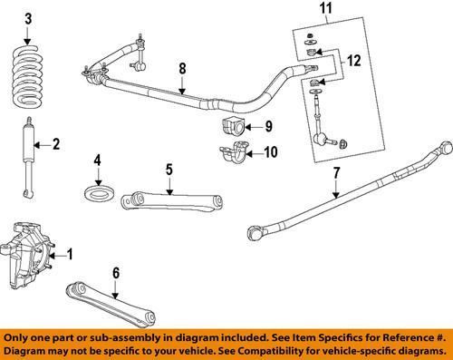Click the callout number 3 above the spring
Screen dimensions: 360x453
(x=27, y=18)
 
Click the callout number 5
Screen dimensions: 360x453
(x=169, y=168)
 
